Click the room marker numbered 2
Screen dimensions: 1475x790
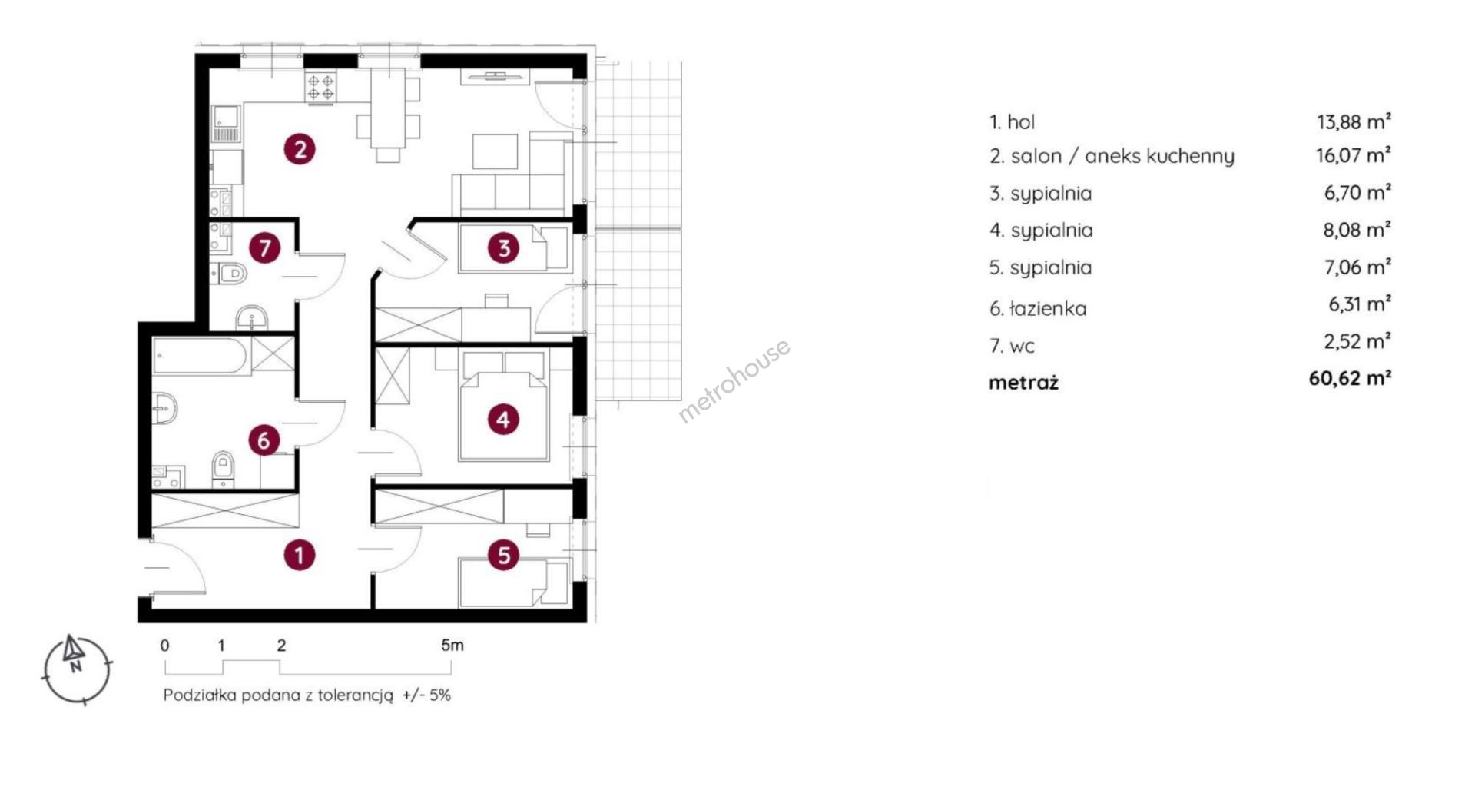[300, 148]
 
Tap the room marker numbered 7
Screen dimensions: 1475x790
[265, 248]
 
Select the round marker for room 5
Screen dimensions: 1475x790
[504, 555]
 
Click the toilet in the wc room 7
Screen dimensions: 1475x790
[228, 273]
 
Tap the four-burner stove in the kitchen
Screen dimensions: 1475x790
[320, 86]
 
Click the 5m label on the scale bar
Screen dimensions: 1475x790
[452, 646]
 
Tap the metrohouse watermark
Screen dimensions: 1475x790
[734, 381]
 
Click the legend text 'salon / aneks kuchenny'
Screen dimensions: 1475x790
[1122, 157]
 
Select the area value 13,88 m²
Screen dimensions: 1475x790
[1354, 121]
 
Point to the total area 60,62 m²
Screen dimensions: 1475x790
[1350, 378]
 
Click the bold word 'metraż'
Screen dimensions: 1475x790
[1023, 383]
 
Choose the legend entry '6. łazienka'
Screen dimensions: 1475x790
[1038, 309]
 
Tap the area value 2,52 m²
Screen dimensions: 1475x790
[1357, 341]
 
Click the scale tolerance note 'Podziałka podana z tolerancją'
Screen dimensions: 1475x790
[278, 695]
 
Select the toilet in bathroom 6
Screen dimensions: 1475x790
[223, 468]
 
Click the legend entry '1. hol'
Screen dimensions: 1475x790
[1012, 122]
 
